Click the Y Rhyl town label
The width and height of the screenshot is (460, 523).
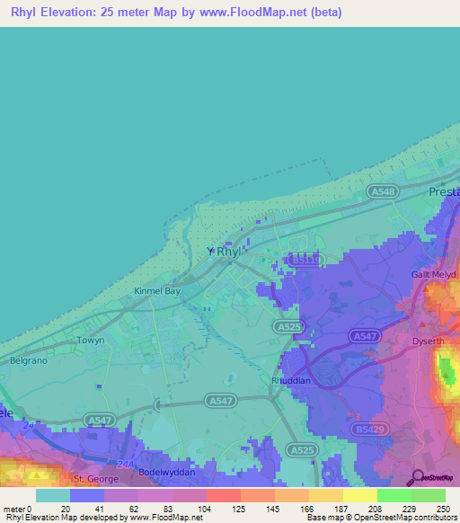click(x=224, y=253)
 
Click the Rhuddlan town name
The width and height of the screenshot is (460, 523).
click(x=291, y=380)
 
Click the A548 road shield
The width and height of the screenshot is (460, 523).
click(x=382, y=192)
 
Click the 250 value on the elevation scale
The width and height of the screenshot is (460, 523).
click(x=445, y=509)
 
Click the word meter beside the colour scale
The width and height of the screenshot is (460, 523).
click(x=14, y=509)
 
